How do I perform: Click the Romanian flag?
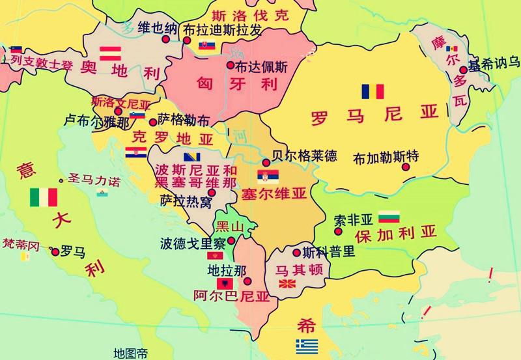[x=373, y=91]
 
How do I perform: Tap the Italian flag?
[x=44, y=197]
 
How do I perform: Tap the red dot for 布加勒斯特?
[x=406, y=167]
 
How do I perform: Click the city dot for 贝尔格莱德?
[x=266, y=163]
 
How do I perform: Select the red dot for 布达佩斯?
[x=230, y=64]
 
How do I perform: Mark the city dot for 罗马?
[x=55, y=251]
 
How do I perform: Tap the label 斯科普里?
[x=324, y=253]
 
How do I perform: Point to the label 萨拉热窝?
[x=186, y=202]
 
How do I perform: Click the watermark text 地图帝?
[x=130, y=352]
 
